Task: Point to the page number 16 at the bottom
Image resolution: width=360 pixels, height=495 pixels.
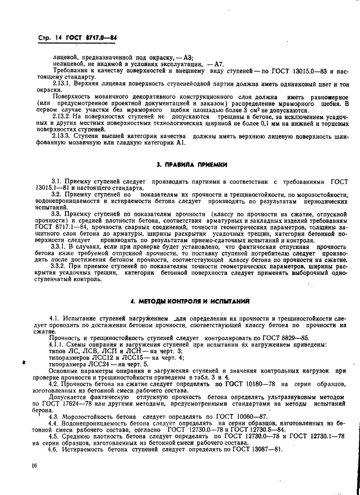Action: [x=34, y=466]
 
